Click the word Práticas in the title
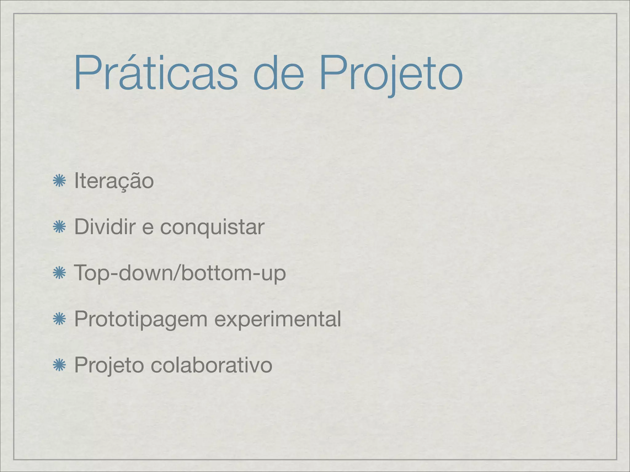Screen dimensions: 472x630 (x=156, y=73)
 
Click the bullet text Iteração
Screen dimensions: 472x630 (x=114, y=181)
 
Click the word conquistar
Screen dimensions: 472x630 (x=212, y=227)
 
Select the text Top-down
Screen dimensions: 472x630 (x=123, y=273)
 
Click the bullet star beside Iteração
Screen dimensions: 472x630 (x=59, y=181)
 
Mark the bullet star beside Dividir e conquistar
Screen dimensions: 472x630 (x=59, y=227)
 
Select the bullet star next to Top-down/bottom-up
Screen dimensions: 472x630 (x=59, y=273)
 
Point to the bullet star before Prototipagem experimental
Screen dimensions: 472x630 (x=59, y=319)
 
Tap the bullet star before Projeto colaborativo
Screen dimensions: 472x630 (x=59, y=365)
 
